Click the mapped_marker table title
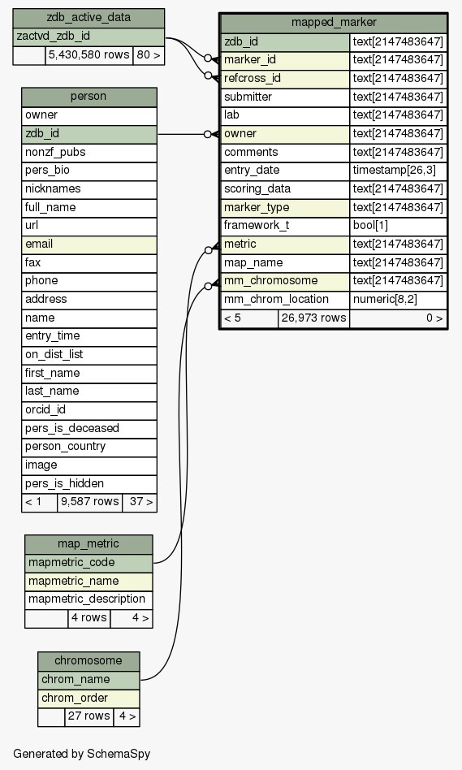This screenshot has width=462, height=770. (x=334, y=23)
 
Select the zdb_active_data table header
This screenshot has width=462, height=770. (x=89, y=18)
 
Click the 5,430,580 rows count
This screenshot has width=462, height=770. (x=89, y=55)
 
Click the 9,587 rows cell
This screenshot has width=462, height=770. (x=89, y=502)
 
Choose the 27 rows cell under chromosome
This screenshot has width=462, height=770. (x=89, y=716)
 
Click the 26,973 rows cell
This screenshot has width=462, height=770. (x=313, y=318)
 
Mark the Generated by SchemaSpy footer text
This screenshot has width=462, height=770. (x=81, y=755)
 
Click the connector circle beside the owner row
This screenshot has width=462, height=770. (x=208, y=134)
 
